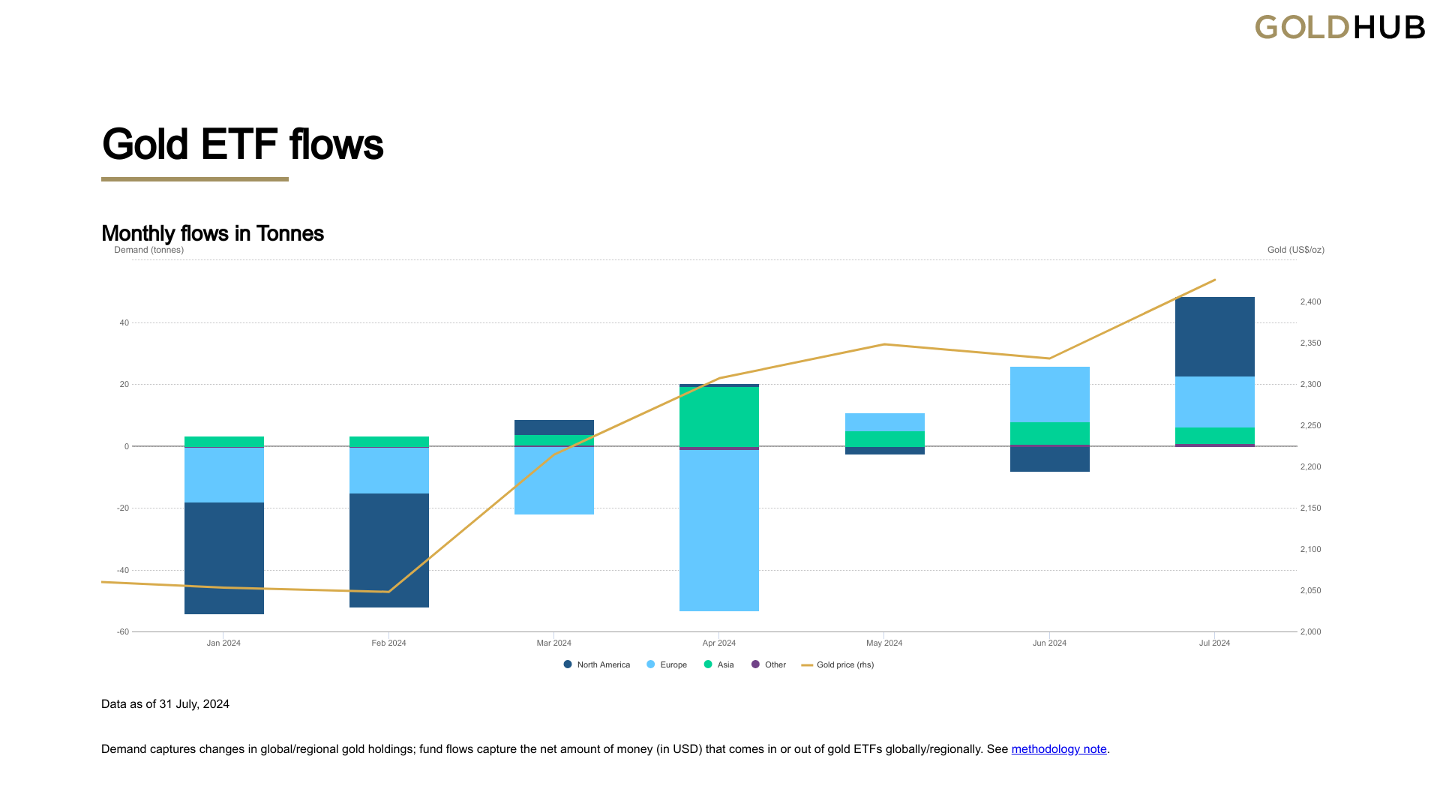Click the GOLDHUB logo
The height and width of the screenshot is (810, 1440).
click(1339, 28)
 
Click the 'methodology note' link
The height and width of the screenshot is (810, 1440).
click(1058, 748)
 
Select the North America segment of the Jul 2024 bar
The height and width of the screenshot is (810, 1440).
click(1214, 337)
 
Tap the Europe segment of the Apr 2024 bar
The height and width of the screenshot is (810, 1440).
click(718, 530)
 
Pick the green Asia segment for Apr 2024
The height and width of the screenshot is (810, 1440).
click(718, 416)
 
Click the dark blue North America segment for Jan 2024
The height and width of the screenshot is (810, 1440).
click(223, 558)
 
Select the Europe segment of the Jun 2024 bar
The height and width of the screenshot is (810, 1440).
click(1049, 394)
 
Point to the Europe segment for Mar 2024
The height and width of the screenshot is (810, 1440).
click(553, 481)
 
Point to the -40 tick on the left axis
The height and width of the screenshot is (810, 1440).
click(123, 570)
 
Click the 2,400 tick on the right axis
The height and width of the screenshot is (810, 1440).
click(1310, 301)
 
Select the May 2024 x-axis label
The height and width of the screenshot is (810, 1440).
click(884, 643)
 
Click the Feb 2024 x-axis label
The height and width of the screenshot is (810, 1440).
click(388, 643)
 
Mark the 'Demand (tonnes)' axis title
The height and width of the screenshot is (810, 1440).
click(148, 250)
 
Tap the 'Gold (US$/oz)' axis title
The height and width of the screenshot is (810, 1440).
click(1295, 250)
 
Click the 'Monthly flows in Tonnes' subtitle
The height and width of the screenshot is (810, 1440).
click(212, 233)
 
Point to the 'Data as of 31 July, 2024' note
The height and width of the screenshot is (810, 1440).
click(165, 703)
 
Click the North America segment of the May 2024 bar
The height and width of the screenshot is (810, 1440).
click(884, 451)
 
